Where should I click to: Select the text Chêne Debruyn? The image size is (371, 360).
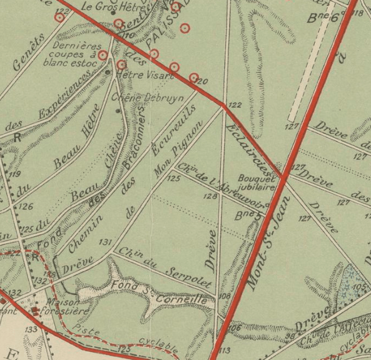(138, 98)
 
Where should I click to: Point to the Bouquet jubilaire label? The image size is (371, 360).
(256, 182)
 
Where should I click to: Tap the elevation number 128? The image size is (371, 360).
(210, 197)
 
